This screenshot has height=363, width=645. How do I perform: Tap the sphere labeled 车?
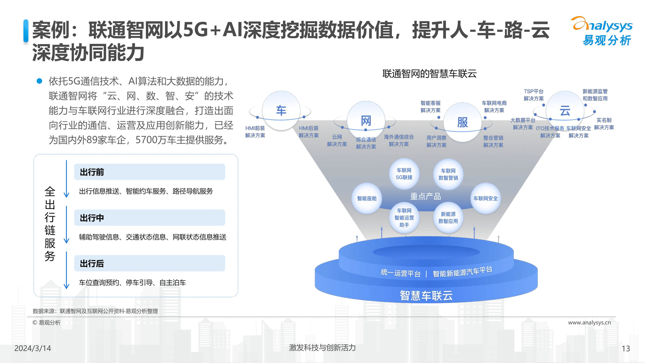point(281,110)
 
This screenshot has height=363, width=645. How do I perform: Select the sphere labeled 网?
point(366,121)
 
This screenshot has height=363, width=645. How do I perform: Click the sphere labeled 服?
point(462,122)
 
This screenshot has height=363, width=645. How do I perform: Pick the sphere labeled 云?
point(565,111)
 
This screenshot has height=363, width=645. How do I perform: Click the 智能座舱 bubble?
point(367,198)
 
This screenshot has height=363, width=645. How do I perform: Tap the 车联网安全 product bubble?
point(485,198)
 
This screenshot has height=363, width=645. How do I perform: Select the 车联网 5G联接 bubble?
point(404,174)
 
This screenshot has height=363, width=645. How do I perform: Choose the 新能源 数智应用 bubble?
point(448,218)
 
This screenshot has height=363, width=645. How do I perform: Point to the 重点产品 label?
point(425,197)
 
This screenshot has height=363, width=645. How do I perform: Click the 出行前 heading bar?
point(149,172)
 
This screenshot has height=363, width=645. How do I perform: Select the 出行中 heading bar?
point(149,218)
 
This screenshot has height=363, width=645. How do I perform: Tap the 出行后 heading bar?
point(149,264)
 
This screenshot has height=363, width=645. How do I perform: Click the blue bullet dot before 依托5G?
point(40,81)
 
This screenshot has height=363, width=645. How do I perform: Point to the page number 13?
point(626,349)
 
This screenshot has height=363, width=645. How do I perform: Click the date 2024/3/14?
point(33,348)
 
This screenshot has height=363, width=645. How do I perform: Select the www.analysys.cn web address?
point(589,323)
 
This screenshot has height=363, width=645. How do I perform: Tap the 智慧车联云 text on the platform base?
point(426,296)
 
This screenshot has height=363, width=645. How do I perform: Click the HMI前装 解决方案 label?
point(255,132)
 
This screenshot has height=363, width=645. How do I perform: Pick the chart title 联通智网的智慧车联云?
point(429,74)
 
